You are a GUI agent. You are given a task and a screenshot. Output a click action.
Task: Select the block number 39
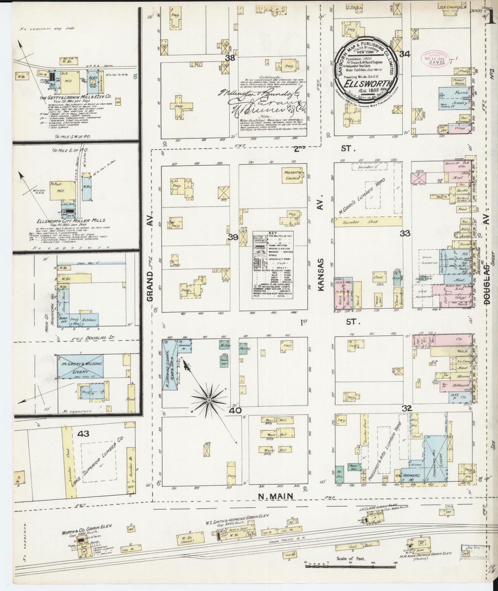pos(233,237)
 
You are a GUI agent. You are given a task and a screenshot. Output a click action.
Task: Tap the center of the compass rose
pos(209,400)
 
